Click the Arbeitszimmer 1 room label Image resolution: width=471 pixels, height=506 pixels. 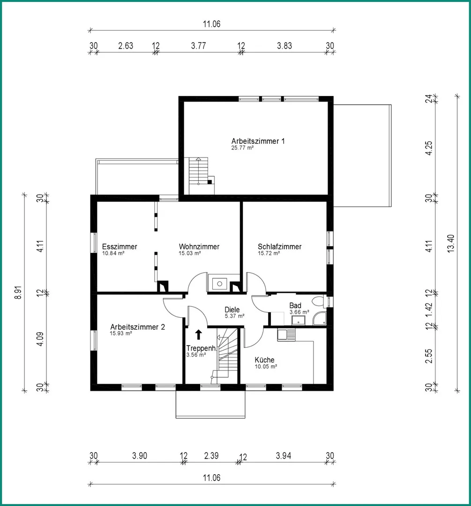[258, 141]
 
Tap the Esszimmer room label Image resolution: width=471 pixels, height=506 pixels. [120, 246]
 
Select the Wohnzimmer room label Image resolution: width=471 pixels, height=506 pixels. [199, 246]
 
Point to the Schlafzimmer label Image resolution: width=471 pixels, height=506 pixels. [280, 246]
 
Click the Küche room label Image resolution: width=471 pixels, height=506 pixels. [264, 359]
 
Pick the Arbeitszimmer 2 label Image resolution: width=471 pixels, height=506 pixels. [137, 327]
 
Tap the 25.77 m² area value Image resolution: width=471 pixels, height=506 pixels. [242, 148]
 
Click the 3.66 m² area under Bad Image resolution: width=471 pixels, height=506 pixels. [299, 312]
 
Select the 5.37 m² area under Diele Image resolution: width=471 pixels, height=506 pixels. [234, 316]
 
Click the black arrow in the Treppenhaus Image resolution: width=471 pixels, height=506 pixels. [199, 335]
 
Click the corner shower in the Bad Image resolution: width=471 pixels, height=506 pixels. [320, 319]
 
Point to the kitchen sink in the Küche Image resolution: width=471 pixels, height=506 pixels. [286, 335]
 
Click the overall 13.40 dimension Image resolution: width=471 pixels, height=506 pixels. [451, 243]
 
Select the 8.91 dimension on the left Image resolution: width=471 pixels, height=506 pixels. [18, 292]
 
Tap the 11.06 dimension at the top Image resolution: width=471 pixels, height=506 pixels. [211, 24]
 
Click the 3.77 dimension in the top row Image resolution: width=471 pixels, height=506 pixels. [198, 46]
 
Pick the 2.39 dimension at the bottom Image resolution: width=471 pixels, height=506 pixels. [211, 456]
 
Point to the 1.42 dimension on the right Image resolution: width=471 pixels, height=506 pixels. [429, 310]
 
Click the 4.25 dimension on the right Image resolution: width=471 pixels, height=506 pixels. [429, 148]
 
